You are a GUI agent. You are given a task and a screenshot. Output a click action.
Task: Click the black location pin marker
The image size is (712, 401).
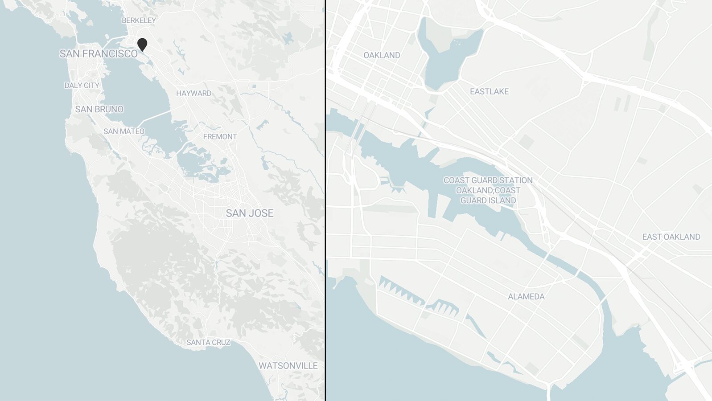tap(142, 44)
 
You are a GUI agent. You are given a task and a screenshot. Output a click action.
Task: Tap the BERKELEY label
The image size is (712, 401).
tap(139, 20)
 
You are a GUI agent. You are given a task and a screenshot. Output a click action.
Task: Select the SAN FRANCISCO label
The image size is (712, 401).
tap(99, 54)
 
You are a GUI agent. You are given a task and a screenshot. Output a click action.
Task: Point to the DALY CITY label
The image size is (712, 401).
tap(82, 86)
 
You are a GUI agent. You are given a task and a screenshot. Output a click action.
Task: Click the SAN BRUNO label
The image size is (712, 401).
tap(99, 109)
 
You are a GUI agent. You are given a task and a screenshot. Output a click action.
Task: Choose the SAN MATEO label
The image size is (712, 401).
tap(124, 131)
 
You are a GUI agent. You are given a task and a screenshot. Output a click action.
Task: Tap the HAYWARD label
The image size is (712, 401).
tap(193, 93)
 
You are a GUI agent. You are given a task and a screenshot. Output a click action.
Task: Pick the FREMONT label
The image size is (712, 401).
tap(220, 137)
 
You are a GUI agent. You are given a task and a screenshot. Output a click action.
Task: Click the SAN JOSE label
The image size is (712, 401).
tap(249, 213)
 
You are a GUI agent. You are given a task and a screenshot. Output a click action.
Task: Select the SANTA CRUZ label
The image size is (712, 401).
tap(208, 343)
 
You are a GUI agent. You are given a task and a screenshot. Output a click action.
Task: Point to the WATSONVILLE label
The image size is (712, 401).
tap(288, 366)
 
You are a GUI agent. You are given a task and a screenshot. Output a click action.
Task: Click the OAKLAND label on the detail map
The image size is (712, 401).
tap(382, 55)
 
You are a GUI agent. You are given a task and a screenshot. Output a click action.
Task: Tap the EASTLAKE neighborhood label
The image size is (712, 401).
tap(489, 91)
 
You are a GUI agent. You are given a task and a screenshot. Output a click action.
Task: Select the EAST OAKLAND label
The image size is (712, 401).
tap(671, 237)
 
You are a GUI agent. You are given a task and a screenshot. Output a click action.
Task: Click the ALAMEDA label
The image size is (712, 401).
tap(526, 297)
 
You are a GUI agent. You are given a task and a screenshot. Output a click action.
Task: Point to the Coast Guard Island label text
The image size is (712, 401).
tap(488, 191)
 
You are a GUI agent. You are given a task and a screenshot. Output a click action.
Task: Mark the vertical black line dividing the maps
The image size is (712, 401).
tap(325, 200)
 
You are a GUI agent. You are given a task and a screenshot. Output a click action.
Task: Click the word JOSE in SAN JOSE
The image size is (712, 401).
tap(262, 213)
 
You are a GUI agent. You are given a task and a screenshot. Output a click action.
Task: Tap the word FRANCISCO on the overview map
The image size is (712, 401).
tap(110, 54)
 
